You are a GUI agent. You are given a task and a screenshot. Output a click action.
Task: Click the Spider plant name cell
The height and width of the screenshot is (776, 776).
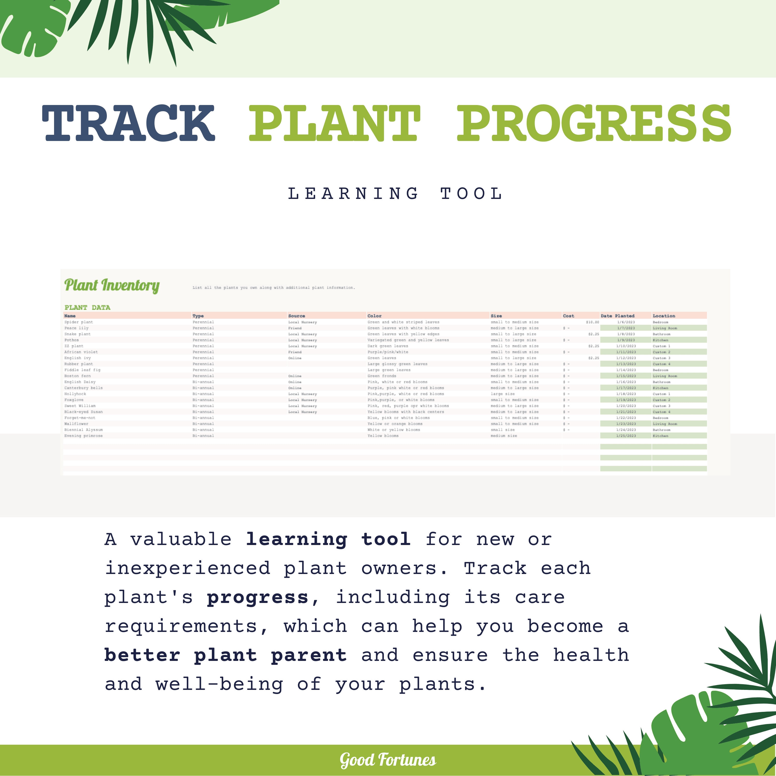click(78, 322)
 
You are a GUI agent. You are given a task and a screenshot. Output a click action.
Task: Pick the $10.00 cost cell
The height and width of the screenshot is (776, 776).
click(592, 322)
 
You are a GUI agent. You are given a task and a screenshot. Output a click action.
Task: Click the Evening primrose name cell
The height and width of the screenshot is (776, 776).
click(84, 436)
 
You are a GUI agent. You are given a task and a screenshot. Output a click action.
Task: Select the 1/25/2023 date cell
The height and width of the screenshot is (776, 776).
click(626, 436)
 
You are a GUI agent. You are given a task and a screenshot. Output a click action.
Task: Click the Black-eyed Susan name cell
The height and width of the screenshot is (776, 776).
click(84, 412)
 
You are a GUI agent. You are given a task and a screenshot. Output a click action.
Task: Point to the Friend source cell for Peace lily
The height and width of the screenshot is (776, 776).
click(295, 328)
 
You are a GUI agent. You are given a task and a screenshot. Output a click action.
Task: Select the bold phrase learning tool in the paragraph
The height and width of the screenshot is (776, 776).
click(328, 539)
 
